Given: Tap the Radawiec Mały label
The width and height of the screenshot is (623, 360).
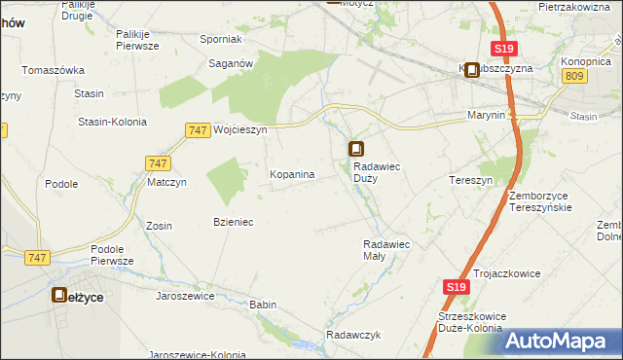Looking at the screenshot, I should click(387, 249).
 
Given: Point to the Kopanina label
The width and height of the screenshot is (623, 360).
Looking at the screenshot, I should click(291, 175).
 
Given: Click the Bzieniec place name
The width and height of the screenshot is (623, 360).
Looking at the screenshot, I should click(233, 222).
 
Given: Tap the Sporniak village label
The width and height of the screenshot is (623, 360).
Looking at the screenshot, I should click(220, 40).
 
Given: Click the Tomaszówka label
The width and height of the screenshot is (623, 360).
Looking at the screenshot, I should click(54, 71).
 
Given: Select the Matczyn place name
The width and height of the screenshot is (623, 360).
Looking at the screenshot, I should click(166, 182).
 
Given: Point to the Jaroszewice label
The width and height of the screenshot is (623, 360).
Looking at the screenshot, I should click(184, 296).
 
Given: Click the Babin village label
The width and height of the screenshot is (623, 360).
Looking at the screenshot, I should click(263, 305).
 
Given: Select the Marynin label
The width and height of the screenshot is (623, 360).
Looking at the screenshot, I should click(485, 115).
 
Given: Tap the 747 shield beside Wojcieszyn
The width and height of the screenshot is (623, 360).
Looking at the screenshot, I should click(197, 129).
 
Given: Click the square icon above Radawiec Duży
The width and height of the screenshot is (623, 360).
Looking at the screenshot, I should click(356, 149).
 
